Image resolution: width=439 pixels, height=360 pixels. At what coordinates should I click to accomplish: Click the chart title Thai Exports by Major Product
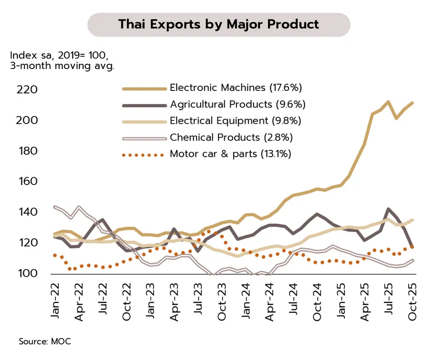click(x=218, y=25)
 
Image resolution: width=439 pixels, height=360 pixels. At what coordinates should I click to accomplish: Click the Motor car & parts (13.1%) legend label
click(x=230, y=154)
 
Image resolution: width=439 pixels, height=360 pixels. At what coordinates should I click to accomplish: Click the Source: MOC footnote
click(x=44, y=341)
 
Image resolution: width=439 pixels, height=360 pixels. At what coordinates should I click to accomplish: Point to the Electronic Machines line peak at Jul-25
click(x=388, y=102)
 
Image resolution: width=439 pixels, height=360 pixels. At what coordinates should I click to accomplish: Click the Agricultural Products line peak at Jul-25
click(x=388, y=209)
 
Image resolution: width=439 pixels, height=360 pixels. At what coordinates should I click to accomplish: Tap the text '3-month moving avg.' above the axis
click(x=62, y=66)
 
